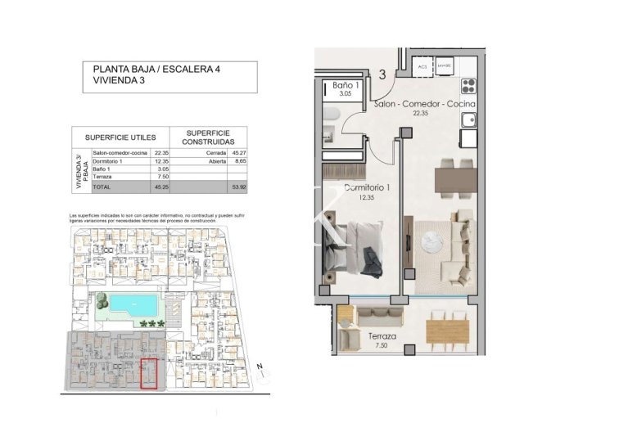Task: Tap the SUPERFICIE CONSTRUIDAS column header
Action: tap(208, 137)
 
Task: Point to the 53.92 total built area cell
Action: tap(239, 187)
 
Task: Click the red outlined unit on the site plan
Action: tap(150, 373)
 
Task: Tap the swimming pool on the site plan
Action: tap(126, 306)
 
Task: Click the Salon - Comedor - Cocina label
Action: tap(423, 105)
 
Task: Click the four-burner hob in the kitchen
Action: tap(468, 87)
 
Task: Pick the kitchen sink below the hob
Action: tap(468, 122)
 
